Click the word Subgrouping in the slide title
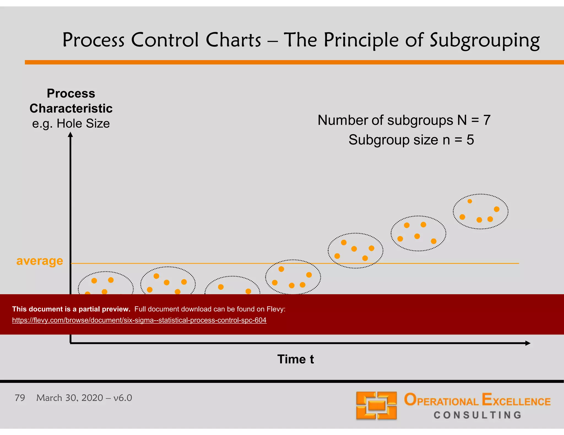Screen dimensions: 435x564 (485, 40)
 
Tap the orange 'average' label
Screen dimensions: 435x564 (40, 261)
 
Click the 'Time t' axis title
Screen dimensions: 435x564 (295, 359)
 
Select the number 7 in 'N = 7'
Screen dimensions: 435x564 (487, 120)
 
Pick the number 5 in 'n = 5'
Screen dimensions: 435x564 (470, 140)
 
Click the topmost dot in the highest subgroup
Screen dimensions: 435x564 (470, 201)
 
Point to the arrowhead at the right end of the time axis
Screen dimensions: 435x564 (528, 343)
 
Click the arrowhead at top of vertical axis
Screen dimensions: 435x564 (70, 135)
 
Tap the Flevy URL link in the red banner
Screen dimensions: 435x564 (139, 320)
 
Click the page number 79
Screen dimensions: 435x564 (20, 398)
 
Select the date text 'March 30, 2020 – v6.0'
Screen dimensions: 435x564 (84, 398)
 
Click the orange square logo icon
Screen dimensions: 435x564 (376, 405)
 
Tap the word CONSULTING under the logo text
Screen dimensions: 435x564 (478, 415)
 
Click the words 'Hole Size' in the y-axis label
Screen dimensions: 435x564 (83, 123)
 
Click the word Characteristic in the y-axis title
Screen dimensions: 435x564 (71, 108)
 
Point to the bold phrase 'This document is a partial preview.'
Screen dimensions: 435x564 (71, 309)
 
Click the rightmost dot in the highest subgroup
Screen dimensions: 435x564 (497, 209)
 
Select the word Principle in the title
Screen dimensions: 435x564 (361, 40)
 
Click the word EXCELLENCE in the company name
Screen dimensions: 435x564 (516, 400)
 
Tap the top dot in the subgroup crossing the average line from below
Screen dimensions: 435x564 (281, 269)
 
